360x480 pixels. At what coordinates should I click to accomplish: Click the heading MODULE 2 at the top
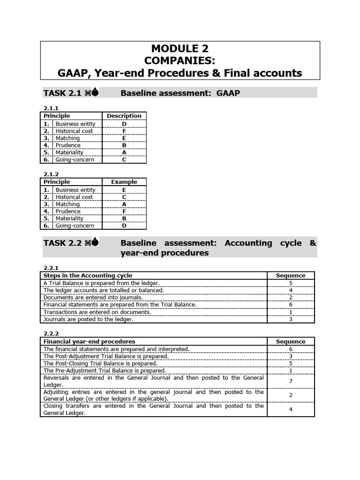(180, 48)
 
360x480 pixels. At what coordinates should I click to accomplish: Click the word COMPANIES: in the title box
(180, 60)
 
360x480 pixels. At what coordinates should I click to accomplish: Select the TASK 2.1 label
(62, 93)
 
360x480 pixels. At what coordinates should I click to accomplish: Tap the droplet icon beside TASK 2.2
(95, 243)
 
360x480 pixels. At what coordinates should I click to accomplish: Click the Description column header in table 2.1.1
(124, 116)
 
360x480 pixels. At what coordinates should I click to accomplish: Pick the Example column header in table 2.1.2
(124, 182)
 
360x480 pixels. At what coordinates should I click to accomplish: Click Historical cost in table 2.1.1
(74, 131)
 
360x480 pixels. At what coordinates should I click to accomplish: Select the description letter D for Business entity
(124, 124)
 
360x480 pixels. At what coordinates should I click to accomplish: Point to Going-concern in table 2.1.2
(75, 225)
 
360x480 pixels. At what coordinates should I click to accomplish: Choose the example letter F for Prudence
(124, 211)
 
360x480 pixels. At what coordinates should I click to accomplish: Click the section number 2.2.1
(51, 268)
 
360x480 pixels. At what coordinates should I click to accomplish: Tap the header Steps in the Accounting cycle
(88, 276)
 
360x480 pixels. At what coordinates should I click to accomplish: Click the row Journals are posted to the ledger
(89, 319)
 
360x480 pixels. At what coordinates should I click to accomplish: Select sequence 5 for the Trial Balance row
(291, 283)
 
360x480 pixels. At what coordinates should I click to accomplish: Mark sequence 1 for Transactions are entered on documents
(291, 312)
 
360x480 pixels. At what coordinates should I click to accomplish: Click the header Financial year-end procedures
(89, 342)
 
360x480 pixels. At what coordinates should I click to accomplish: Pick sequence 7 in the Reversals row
(291, 381)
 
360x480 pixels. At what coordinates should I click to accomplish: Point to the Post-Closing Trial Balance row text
(100, 363)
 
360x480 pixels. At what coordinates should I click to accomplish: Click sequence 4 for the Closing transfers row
(291, 410)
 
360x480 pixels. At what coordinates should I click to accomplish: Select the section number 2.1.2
(51, 174)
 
